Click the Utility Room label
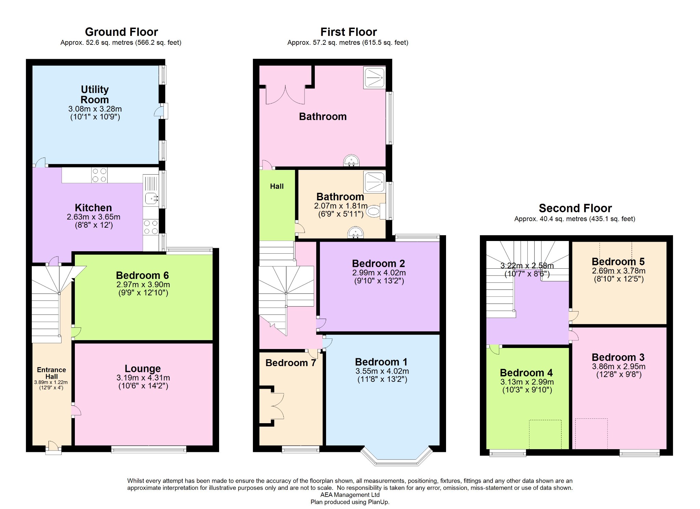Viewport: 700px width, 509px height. (95, 94)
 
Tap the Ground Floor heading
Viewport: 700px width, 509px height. (121, 32)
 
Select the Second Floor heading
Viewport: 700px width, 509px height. (575, 208)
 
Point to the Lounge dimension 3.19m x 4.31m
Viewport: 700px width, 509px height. (143, 378)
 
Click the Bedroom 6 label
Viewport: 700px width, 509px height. (142, 275)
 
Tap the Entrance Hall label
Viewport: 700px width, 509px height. (51, 373)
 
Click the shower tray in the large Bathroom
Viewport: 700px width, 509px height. (375, 77)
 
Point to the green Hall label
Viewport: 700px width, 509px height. (277, 186)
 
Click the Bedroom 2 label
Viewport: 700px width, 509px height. (378, 264)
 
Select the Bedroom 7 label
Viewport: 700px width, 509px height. (291, 363)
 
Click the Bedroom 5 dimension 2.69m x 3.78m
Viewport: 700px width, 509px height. (619, 271)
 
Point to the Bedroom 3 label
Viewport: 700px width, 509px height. (618, 357)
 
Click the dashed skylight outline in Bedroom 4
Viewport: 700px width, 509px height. (545, 434)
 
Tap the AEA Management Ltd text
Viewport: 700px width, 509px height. (350, 495)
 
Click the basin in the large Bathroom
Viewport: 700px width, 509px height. (351, 161)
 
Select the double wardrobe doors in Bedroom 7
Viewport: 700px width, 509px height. (277, 406)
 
